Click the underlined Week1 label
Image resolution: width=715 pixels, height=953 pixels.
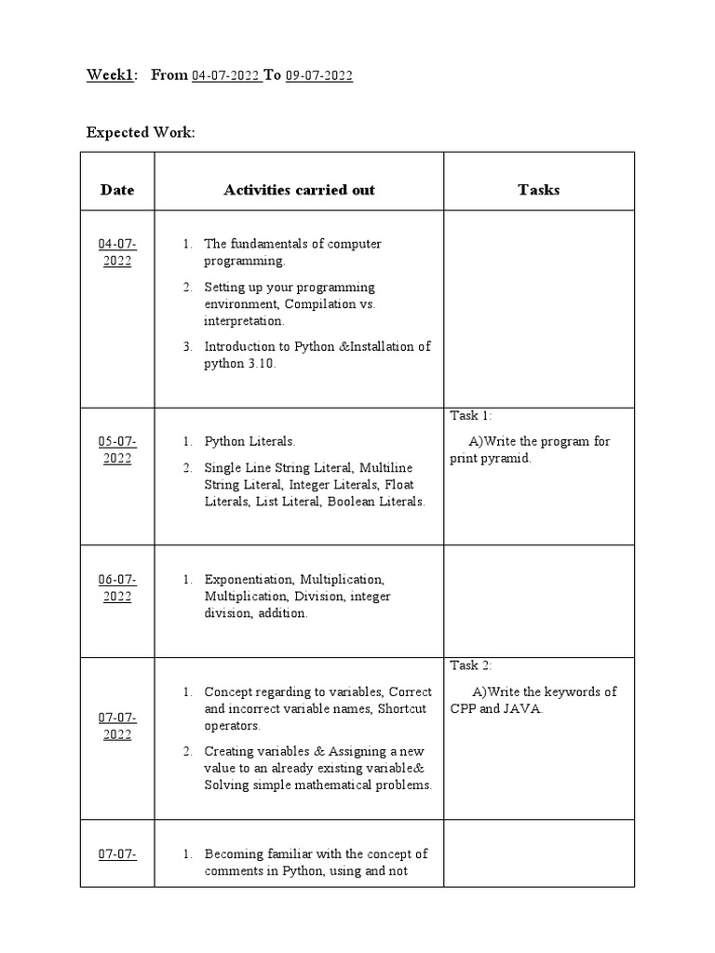pos(109,75)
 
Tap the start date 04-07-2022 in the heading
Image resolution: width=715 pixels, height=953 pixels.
pos(226,76)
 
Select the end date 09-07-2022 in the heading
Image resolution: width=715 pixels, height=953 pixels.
pos(318,76)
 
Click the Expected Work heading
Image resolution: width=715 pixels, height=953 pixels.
pos(141,132)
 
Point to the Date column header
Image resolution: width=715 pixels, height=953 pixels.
pos(117,190)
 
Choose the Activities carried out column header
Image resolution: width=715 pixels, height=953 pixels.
pos(299,190)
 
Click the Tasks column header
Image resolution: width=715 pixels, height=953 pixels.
pos(539,190)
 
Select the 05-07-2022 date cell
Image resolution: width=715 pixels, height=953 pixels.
pos(117,450)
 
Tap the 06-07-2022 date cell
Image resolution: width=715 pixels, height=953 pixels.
pos(117,588)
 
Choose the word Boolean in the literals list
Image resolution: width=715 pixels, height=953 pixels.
pos(352,502)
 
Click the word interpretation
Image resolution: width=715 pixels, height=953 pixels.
pos(245,321)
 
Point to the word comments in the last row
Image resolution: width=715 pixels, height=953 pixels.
pos(234,872)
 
